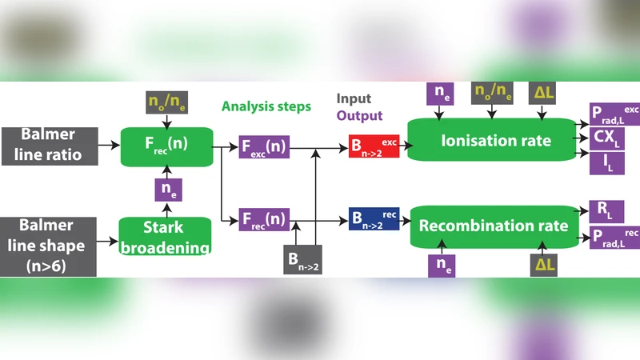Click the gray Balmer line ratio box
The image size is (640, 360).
coord(49,145)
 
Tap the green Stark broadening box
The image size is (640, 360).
coord(165,237)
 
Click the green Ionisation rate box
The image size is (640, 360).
coord(496,141)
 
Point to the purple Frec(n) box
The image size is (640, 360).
coord(264,218)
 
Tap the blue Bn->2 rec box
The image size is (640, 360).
coord(374,218)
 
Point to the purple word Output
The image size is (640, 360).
coord(360,116)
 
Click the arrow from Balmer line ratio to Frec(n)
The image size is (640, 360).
coord(109,146)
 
